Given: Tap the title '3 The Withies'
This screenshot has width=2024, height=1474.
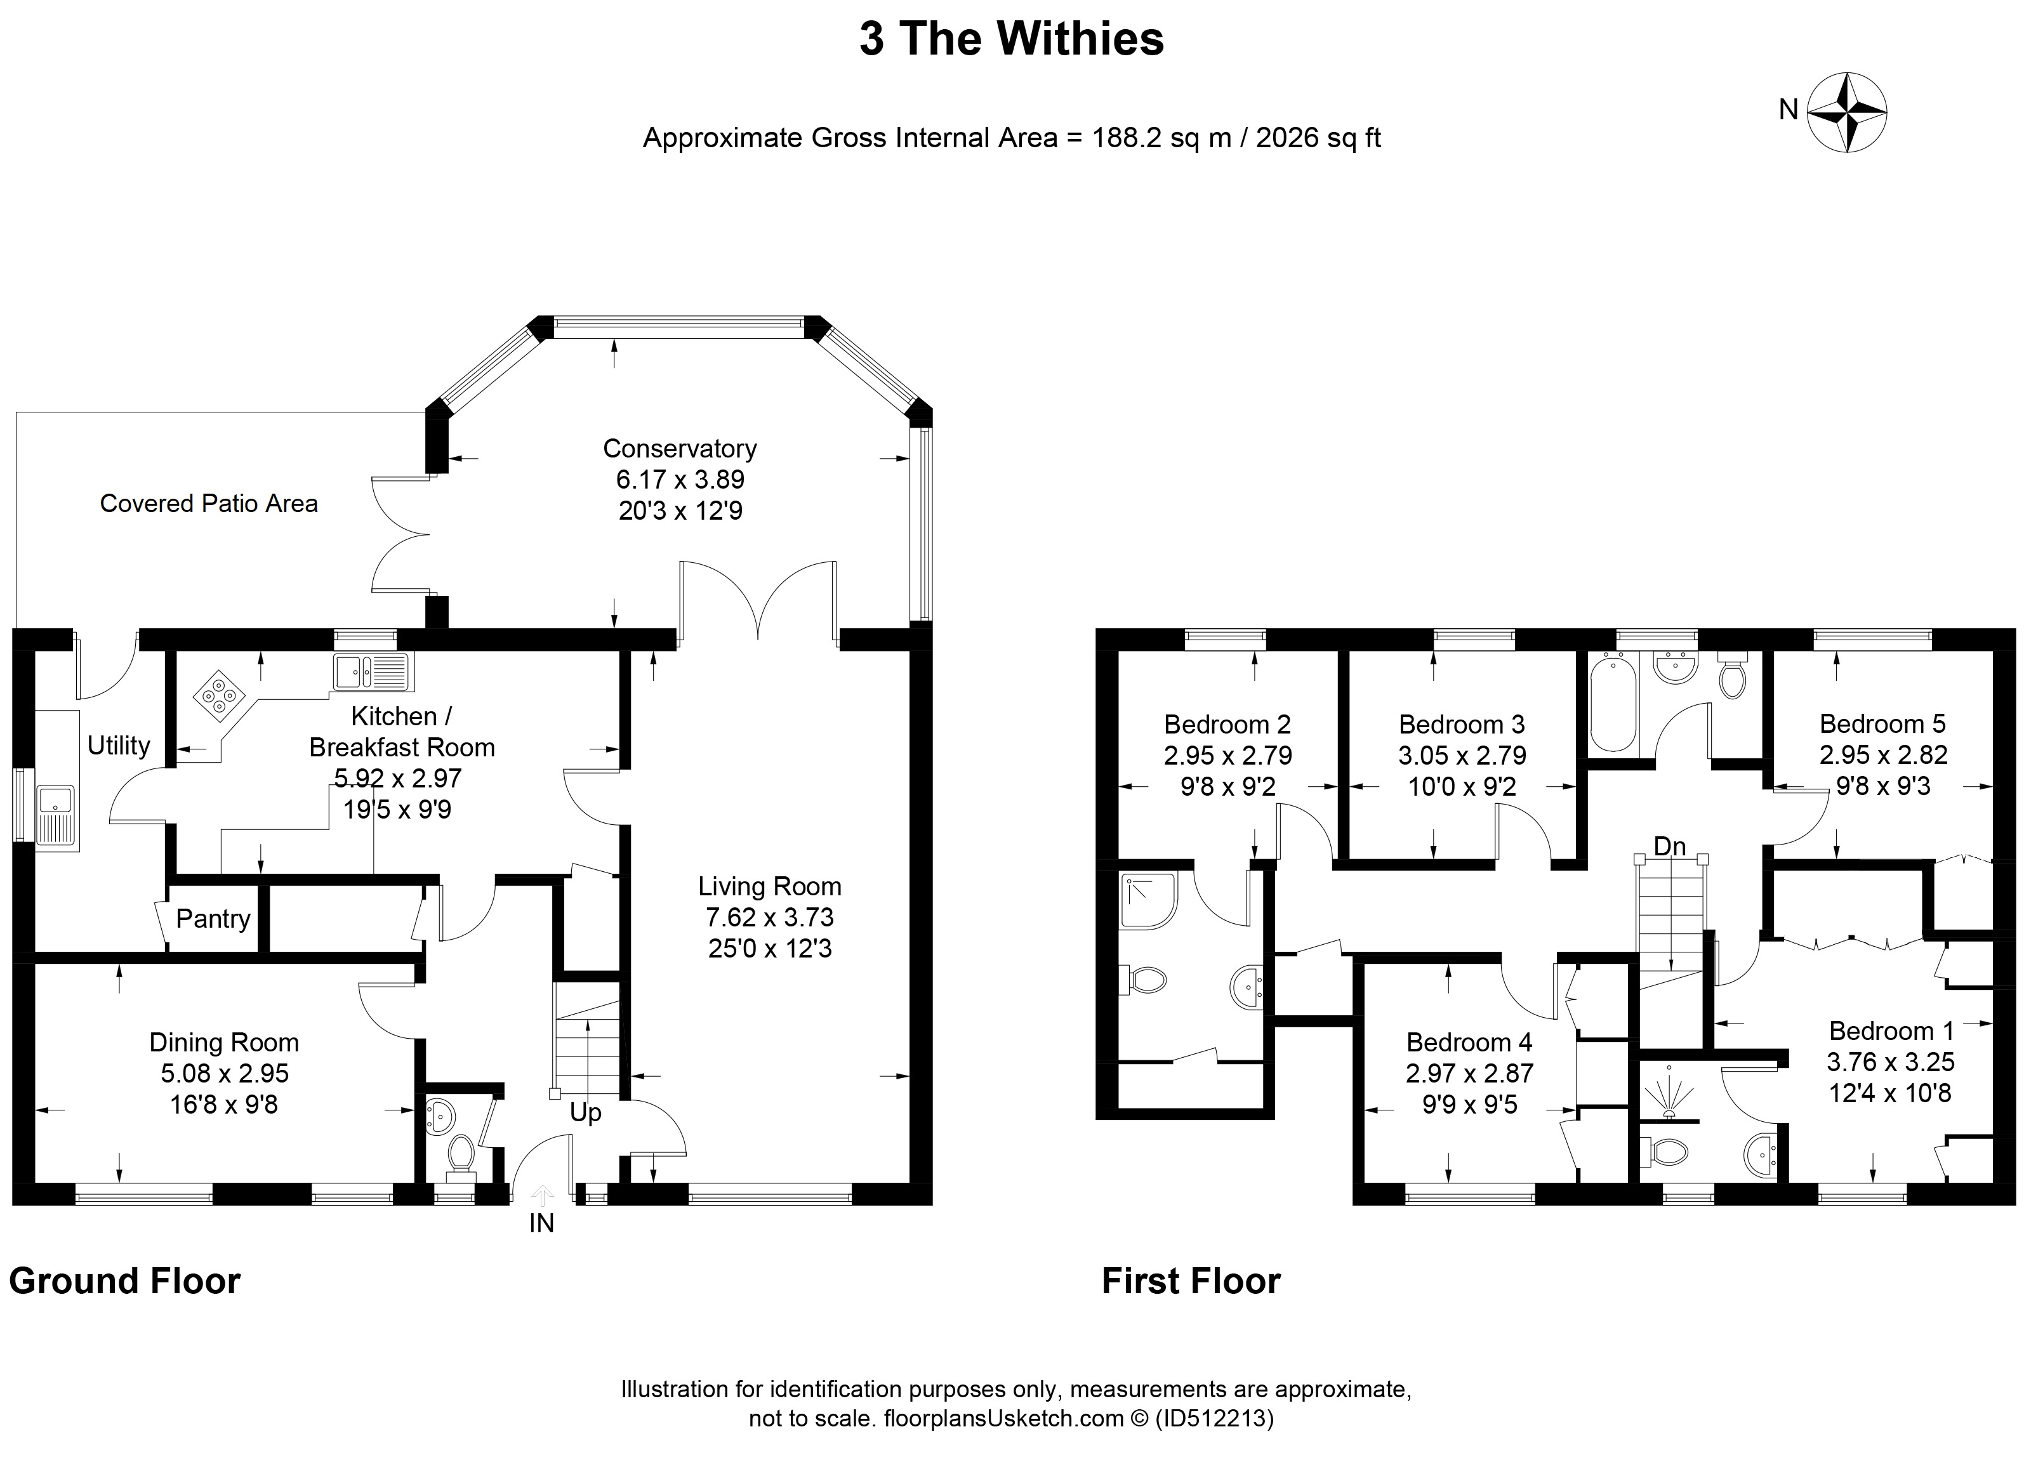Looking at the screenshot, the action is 1012,39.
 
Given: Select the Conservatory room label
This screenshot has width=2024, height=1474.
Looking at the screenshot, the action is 679,448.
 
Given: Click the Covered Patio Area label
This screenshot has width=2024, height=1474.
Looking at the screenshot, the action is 209,503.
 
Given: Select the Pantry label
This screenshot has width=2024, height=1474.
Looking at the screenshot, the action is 213,919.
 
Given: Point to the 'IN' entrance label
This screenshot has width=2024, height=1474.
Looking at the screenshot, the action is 541,1223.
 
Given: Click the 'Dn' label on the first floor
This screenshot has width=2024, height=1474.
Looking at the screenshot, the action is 1670,846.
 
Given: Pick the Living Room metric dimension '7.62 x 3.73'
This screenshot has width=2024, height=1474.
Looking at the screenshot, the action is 770,918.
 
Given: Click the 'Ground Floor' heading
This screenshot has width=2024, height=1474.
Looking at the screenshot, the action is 125,1281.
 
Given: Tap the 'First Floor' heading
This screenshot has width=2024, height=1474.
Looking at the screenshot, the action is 1191,1281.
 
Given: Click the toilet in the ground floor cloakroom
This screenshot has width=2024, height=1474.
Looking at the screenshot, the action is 461,1153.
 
